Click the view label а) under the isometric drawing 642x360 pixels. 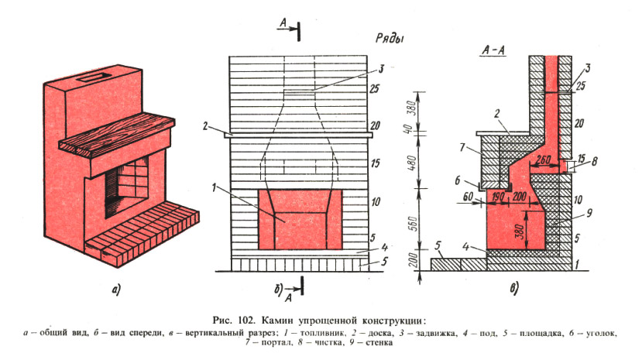pos(116,291)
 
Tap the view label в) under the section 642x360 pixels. pos(513,291)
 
